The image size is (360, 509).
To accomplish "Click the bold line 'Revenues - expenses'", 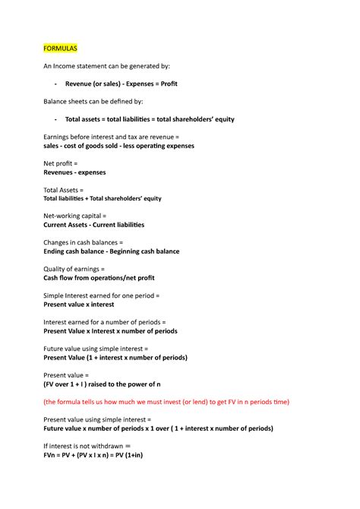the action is click(x=75, y=172).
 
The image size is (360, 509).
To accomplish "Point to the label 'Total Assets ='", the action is click(x=64, y=190).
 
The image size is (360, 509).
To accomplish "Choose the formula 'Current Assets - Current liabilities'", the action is click(x=94, y=225).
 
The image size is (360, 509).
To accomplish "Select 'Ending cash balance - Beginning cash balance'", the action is click(x=112, y=251).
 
